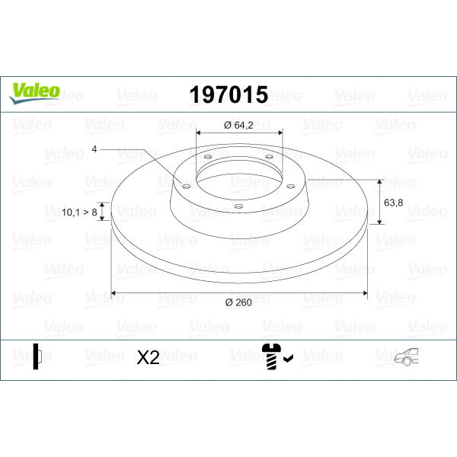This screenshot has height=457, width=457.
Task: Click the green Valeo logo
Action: (x=34, y=93)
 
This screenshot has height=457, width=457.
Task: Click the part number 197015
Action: (x=228, y=94)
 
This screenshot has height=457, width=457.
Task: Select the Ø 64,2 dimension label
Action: (x=238, y=126)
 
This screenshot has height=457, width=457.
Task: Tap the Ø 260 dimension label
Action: (x=238, y=302)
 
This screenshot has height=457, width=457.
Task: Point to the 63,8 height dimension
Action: (x=394, y=203)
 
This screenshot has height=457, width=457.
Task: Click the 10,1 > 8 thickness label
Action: (x=79, y=213)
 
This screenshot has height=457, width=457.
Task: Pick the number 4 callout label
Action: (x=94, y=149)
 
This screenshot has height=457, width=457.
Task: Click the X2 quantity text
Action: (x=148, y=357)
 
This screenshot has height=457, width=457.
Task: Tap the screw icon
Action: (x=271, y=356)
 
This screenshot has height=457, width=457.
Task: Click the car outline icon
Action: (x=406, y=356)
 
